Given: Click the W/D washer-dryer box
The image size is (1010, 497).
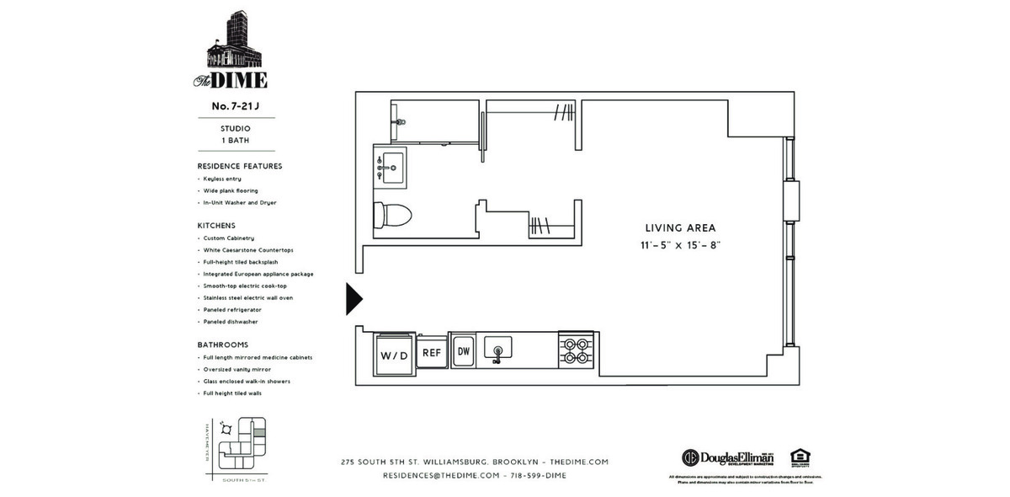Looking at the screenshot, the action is coord(392,354).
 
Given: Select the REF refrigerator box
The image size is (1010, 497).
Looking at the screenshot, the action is coord(432,353).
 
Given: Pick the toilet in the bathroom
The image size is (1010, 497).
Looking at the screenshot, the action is coord(392,215).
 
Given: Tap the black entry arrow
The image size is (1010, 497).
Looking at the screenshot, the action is coord(353,299).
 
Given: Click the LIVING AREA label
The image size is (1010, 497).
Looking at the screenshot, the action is coord(680,227).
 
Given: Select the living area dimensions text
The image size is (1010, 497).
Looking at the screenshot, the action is coord(680,246).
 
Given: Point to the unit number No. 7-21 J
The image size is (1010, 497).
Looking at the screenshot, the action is coord(235,106).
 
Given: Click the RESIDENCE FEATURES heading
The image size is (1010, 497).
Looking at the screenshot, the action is coord(240,166).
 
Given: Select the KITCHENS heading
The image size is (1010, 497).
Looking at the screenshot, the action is coord(216,226).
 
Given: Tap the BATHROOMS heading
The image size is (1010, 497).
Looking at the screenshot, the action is coord(222,345).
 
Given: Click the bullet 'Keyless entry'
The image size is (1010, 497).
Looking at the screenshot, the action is coord(222,179).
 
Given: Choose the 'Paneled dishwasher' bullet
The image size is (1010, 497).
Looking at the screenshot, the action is coord(231,322).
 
